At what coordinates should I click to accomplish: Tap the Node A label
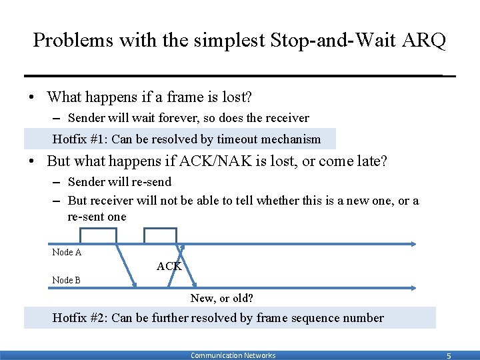pyautogui.click(x=67, y=252)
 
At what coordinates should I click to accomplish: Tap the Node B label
pyautogui.click(x=67, y=280)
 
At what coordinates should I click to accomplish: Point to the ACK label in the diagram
pyautogui.click(x=169, y=267)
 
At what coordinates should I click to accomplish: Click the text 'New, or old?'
pyautogui.click(x=222, y=298)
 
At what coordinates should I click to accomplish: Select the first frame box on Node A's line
pyautogui.click(x=98, y=236)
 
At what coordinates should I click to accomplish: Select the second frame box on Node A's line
pyautogui.click(x=161, y=236)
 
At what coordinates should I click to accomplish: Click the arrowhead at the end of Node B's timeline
pyautogui.click(x=413, y=288)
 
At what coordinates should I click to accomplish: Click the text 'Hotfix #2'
pyautogui.click(x=78, y=317)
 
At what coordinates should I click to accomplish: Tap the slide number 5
pyautogui.click(x=448, y=356)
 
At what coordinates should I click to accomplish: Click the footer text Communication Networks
pyautogui.click(x=233, y=355)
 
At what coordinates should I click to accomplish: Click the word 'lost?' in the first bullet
pyautogui.click(x=238, y=97)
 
